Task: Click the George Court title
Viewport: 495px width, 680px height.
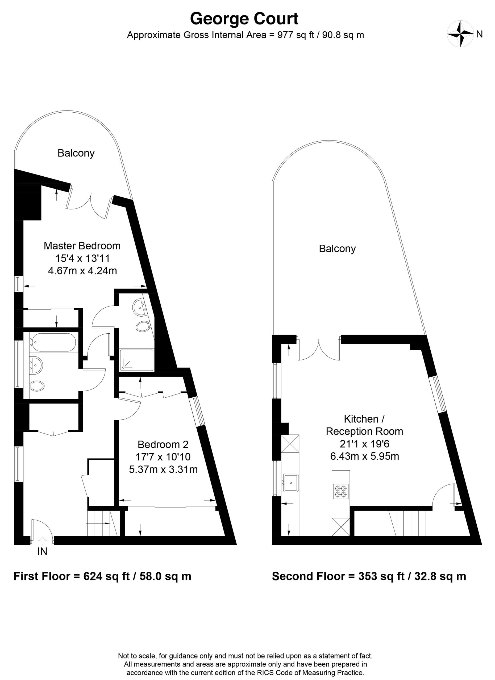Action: click(244, 19)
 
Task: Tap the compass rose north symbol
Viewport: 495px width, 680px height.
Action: click(460, 33)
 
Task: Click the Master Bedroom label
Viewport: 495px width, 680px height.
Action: click(82, 246)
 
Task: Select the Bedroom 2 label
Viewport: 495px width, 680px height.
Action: click(163, 444)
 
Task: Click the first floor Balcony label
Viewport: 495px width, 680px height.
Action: click(76, 153)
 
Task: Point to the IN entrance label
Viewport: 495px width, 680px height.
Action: click(42, 551)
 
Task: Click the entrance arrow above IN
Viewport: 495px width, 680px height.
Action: click(42, 540)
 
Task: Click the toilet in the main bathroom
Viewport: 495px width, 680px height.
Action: click(37, 385)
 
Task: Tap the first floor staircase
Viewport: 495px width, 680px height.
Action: click(103, 523)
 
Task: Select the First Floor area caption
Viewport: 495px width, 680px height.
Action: click(102, 576)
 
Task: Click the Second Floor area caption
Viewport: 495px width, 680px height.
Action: click(369, 576)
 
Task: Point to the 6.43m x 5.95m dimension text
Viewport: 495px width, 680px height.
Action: click(364, 456)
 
